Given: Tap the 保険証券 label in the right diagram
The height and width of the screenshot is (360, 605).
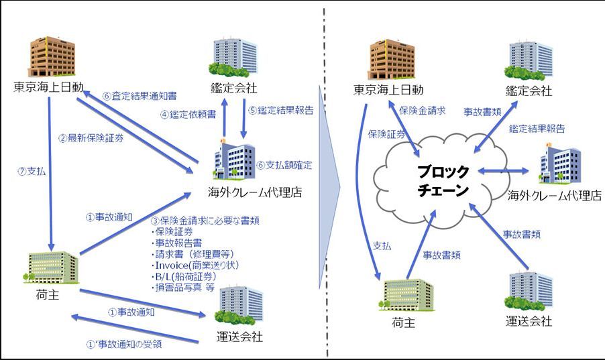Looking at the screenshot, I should [x=387, y=134].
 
